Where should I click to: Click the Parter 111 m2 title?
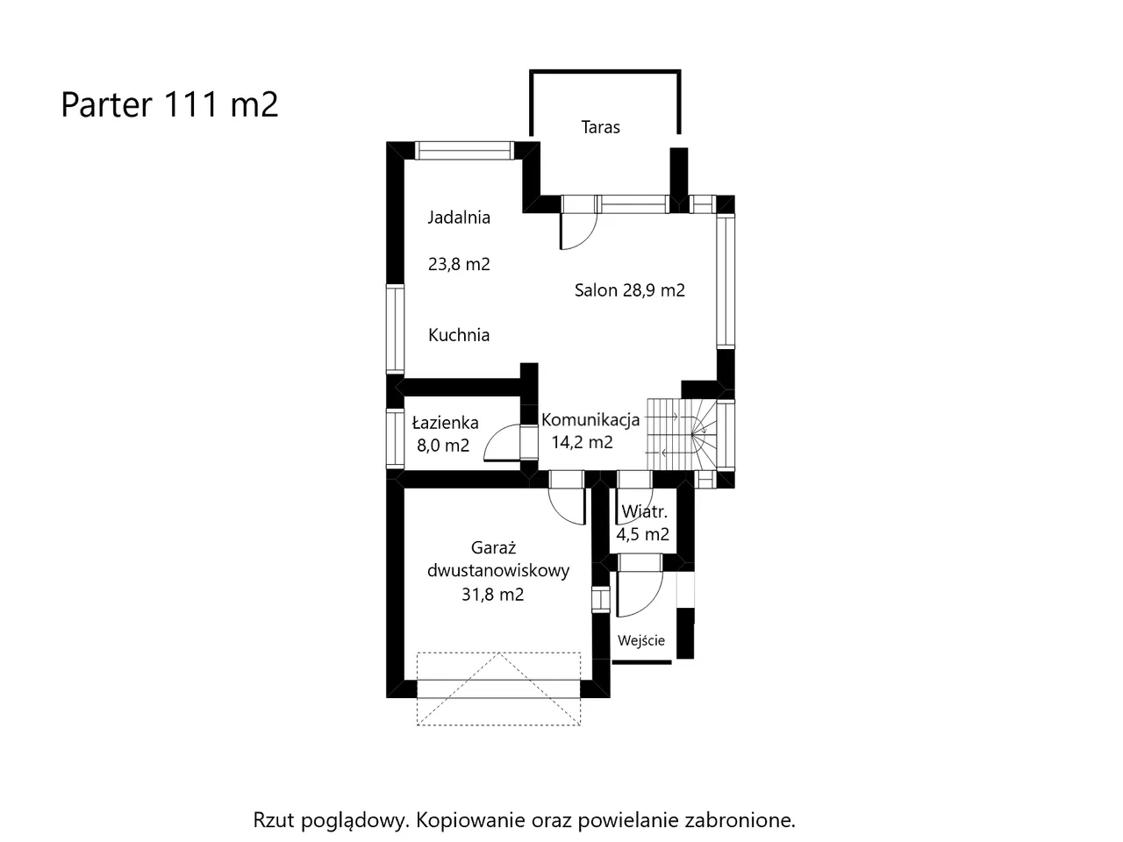[169, 104]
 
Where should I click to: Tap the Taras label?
[600, 127]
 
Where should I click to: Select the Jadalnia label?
[459, 218]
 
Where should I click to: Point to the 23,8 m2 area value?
[459, 264]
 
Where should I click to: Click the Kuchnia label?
[459, 335]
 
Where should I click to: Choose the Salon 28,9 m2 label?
[629, 290]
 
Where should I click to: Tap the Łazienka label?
[445, 423]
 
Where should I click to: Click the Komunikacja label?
[590, 420]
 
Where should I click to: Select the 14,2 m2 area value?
[583, 442]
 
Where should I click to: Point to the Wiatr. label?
[644, 511]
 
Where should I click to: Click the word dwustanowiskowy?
[498, 570]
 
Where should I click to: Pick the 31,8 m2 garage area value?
[493, 595]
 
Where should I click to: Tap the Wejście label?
[641, 640]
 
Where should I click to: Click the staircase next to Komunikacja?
[683, 434]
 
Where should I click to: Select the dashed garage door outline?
[499, 689]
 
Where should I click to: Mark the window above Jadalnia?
[464, 151]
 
